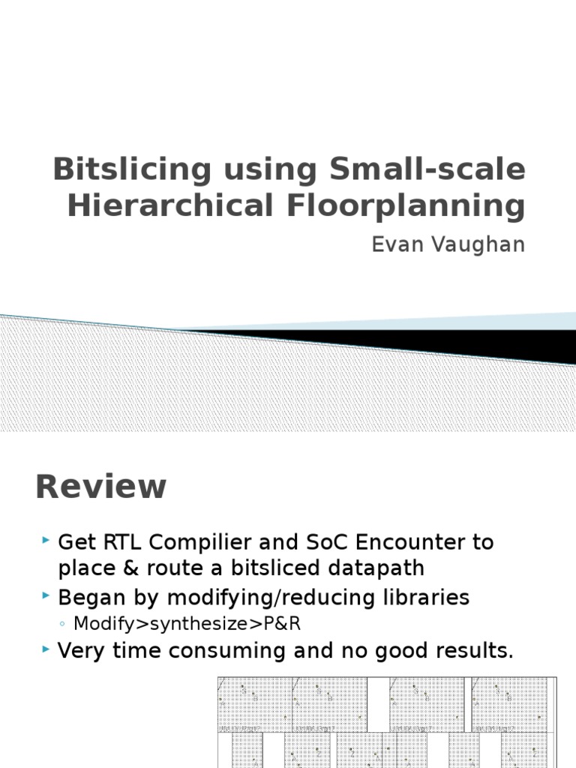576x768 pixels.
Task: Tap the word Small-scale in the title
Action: [x=429, y=169]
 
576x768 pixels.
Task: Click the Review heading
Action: [x=100, y=487]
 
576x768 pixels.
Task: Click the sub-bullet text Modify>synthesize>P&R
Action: [x=187, y=624]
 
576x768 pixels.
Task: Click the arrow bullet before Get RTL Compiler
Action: [x=46, y=540]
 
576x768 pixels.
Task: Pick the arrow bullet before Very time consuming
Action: [x=46, y=649]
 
